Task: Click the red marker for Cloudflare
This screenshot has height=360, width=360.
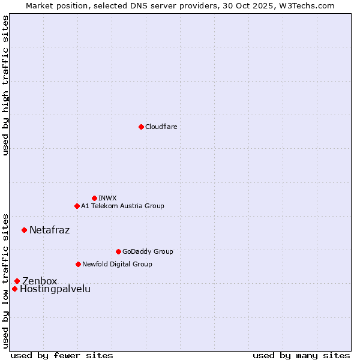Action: pyautogui.click(x=141, y=127)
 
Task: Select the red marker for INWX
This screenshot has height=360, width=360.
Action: pyautogui.click(x=94, y=198)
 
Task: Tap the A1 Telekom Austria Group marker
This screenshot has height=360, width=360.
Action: pyautogui.click(x=77, y=206)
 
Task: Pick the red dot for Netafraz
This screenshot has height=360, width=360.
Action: pyautogui.click(x=24, y=230)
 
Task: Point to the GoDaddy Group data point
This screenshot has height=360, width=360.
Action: pyautogui.click(x=118, y=251)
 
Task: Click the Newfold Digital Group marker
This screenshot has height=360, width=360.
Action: pyautogui.click(x=78, y=264)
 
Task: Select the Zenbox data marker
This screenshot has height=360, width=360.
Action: pyautogui.click(x=17, y=281)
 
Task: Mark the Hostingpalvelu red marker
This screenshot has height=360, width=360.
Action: pyautogui.click(x=14, y=289)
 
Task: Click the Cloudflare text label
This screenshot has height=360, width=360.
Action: pyautogui.click(x=161, y=127)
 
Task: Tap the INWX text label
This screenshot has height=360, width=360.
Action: pyautogui.click(x=107, y=198)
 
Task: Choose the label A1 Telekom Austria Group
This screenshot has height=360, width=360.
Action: pyautogui.click(x=122, y=206)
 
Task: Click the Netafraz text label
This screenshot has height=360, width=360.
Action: pyautogui.click(x=49, y=230)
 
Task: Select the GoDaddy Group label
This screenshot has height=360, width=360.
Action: pyautogui.click(x=148, y=251)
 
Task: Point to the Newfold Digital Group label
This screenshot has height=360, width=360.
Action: pyautogui.click(x=117, y=264)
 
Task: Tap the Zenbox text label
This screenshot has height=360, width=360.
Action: pyautogui.click(x=40, y=281)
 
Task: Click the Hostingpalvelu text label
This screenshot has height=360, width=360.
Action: pyautogui.click(x=55, y=289)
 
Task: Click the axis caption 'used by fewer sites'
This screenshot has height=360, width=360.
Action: pyautogui.click(x=62, y=355)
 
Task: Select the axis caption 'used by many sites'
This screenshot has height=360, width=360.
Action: pyautogui.click(x=301, y=355)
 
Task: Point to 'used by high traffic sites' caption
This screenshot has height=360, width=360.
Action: pyautogui.click(x=5, y=85)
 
